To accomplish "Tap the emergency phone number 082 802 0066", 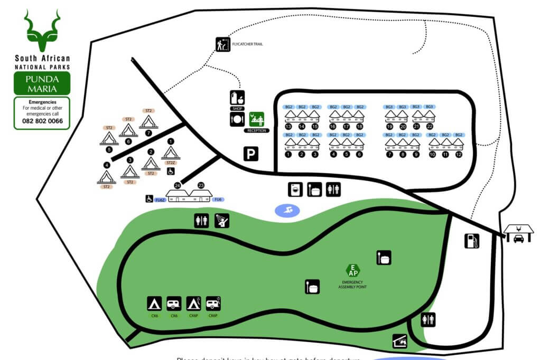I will [x=42, y=121].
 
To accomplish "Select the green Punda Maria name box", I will [x=42, y=83].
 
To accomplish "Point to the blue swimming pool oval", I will [x=287, y=211].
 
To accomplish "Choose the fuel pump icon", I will [x=472, y=241].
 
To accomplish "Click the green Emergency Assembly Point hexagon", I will [x=352, y=271].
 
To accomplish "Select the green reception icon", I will [x=256, y=119].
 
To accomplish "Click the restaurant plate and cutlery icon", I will [x=237, y=120].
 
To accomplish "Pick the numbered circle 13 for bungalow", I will [x=288, y=127].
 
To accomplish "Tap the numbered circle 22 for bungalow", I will [x=430, y=127].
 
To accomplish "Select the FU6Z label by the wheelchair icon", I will [x=161, y=199].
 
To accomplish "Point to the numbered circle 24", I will [x=178, y=185].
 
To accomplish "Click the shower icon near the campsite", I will [x=222, y=221].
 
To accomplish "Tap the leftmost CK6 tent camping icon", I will [x=154, y=304].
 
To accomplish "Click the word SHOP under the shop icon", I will [x=237, y=109].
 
